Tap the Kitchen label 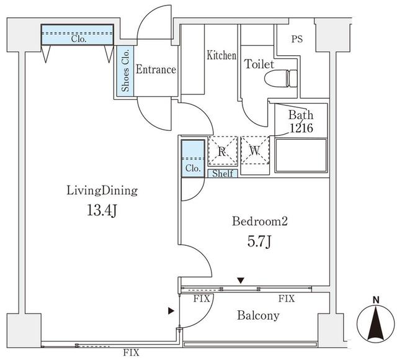221,56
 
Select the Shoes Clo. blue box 125,71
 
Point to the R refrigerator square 222,151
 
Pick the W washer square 255,151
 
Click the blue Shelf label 222,174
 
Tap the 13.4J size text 102,210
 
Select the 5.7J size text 259,241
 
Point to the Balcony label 258,315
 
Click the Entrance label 155,70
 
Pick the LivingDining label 102,191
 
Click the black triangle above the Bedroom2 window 241,281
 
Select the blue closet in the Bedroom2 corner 192,159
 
